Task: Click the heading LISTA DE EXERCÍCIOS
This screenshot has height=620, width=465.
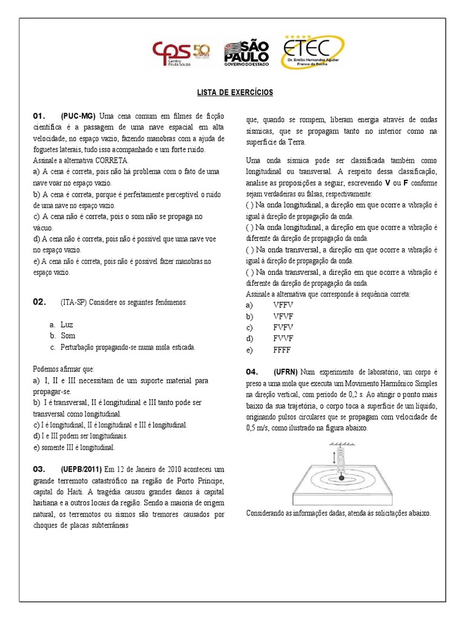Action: tap(234, 93)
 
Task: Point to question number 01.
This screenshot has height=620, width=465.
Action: tap(40, 116)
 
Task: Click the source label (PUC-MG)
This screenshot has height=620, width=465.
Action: tap(78, 116)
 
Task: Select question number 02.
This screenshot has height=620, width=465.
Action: tap(40, 302)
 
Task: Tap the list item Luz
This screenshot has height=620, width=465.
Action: tap(67, 325)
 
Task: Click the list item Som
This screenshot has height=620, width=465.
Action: tap(68, 335)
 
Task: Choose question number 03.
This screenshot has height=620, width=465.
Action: tap(40, 469)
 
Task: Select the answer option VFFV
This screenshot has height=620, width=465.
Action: tap(283, 305)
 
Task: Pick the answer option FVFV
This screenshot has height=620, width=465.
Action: tap(283, 328)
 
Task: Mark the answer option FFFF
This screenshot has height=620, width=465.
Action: tap(282, 350)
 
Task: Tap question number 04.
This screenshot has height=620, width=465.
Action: tap(252, 371)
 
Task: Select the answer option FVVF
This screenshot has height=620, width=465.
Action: tap(283, 338)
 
